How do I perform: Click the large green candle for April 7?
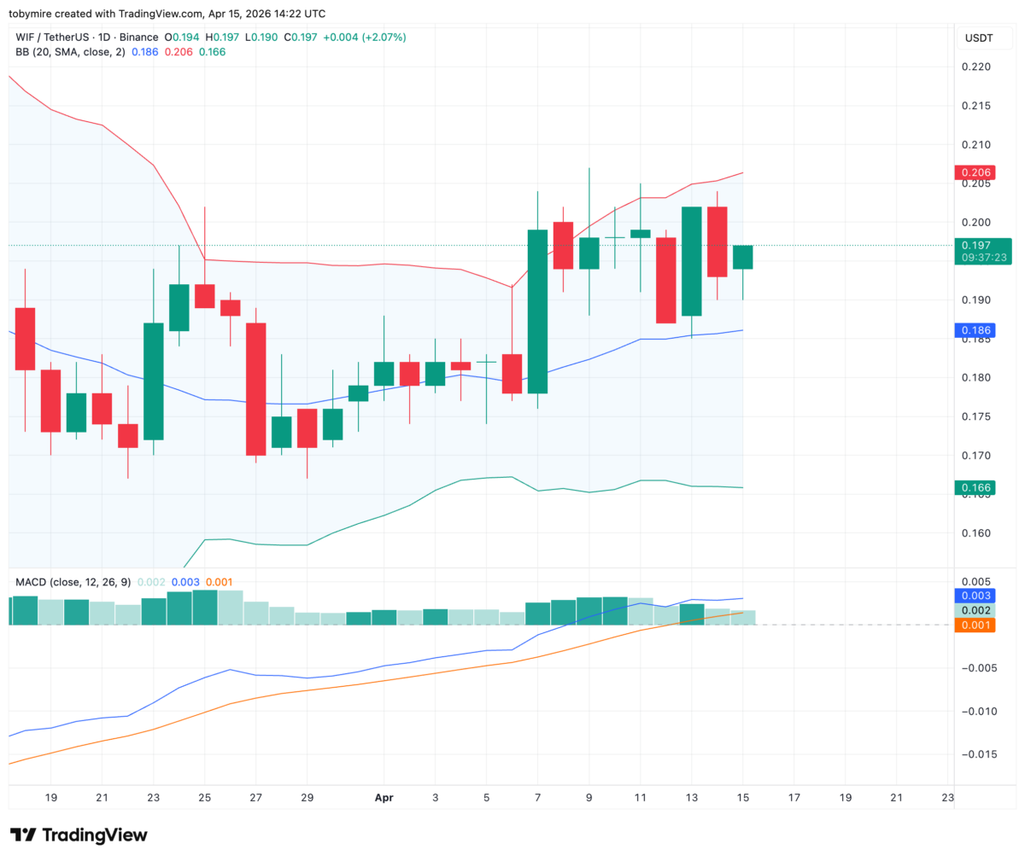(x=537, y=311)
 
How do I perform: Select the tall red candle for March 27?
(x=255, y=389)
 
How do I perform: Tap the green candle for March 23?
(x=153, y=381)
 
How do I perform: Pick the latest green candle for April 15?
(x=742, y=257)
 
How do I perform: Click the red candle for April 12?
(x=665, y=281)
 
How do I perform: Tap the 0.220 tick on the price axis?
(x=976, y=67)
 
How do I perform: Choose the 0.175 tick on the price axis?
(x=976, y=416)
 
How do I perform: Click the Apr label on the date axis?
(x=384, y=798)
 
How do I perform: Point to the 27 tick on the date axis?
(x=255, y=798)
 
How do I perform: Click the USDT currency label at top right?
(x=979, y=38)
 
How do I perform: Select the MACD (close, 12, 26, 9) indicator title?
(x=73, y=582)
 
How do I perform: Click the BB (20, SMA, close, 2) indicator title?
(x=70, y=52)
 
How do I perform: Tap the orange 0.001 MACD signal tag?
(x=975, y=625)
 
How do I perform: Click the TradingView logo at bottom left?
(x=79, y=835)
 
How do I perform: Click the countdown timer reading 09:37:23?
(x=984, y=258)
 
